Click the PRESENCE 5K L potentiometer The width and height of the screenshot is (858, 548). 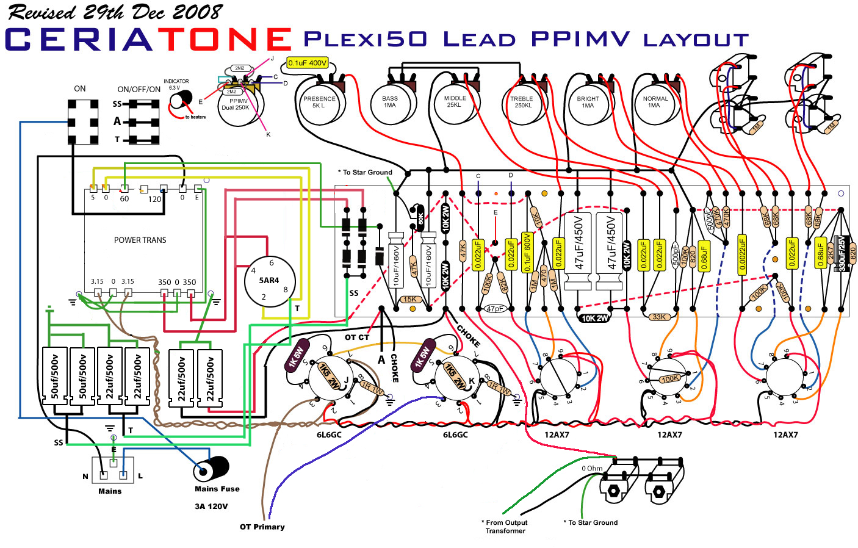pyautogui.click(x=319, y=102)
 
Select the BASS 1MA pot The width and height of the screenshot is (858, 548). pyautogui.click(x=390, y=102)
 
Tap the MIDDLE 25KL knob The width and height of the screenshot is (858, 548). pyautogui.click(x=455, y=102)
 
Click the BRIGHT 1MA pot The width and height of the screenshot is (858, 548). pyautogui.click(x=588, y=102)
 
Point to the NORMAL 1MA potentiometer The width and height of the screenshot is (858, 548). pyautogui.click(x=655, y=102)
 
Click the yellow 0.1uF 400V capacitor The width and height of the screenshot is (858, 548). pyautogui.click(x=308, y=63)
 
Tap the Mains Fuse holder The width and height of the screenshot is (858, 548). pyautogui.click(x=211, y=469)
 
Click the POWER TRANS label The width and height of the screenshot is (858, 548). pyautogui.click(x=140, y=240)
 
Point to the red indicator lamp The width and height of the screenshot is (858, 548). pyautogui.click(x=179, y=100)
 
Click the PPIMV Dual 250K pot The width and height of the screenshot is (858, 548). pyautogui.click(x=236, y=105)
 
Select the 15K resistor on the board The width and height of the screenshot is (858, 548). pyautogui.click(x=409, y=299)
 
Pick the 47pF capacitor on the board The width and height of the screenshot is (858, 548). pyautogui.click(x=495, y=309)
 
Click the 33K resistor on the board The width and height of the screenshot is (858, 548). pyautogui.click(x=658, y=317)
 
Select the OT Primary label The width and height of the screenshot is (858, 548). pyautogui.click(x=262, y=527)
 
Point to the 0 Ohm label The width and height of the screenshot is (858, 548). pyautogui.click(x=592, y=469)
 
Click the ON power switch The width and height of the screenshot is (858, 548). pyautogui.click(x=83, y=122)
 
